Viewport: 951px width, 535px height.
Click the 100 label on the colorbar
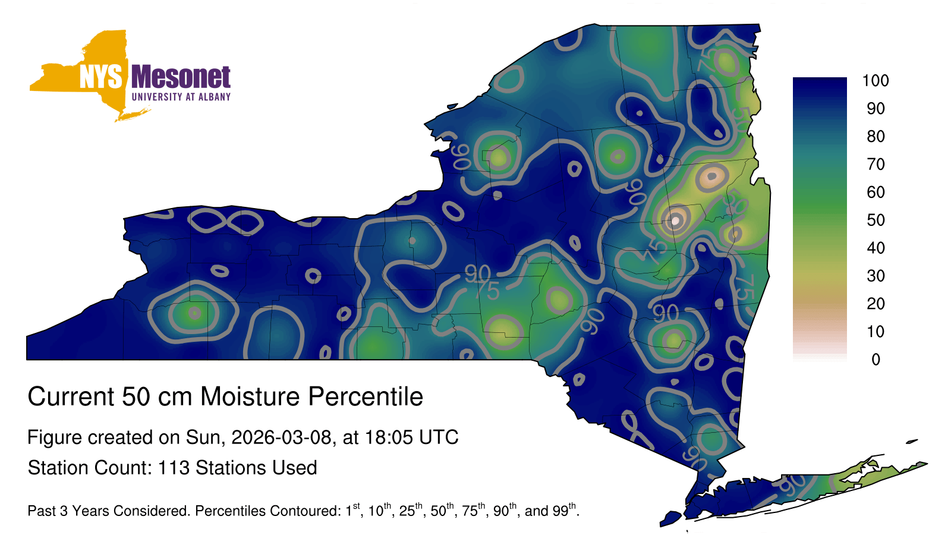[x=876, y=80]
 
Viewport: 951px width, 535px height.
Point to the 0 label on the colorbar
[x=876, y=360]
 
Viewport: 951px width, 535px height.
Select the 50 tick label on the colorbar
[x=876, y=220]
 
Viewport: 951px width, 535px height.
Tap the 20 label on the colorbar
[x=876, y=304]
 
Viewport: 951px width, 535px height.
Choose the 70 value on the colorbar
[x=876, y=164]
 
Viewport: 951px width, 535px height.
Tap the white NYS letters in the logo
[x=101, y=77]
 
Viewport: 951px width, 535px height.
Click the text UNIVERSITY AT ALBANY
[x=181, y=97]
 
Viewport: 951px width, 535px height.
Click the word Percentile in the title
[x=366, y=396]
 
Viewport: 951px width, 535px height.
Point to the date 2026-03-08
[x=282, y=438]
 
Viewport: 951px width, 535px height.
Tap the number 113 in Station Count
[x=174, y=468]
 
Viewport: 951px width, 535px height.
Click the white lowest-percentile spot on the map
[x=675, y=221]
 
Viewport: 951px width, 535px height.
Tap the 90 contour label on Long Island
[x=792, y=484]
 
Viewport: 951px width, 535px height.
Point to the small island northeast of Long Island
[x=912, y=442]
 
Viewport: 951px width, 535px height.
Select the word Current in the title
[x=71, y=396]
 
